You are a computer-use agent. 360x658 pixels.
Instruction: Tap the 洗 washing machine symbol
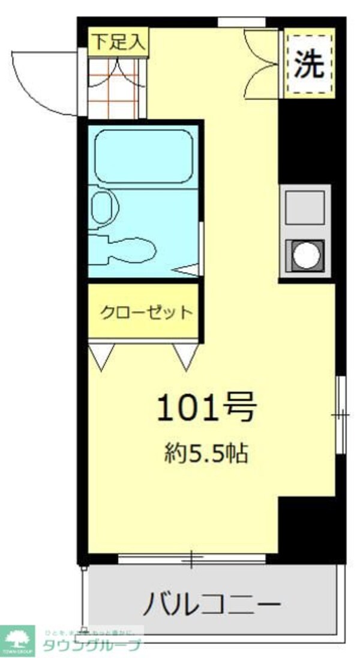point(309,63)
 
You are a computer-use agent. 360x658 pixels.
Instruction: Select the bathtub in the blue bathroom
point(143,156)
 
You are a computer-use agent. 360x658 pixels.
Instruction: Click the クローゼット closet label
point(146,313)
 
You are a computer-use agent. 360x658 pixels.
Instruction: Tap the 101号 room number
point(206,408)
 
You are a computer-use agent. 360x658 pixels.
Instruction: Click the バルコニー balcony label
point(211,603)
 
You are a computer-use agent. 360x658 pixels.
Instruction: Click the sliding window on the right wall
point(340,414)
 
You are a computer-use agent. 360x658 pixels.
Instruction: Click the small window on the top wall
point(241,23)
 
